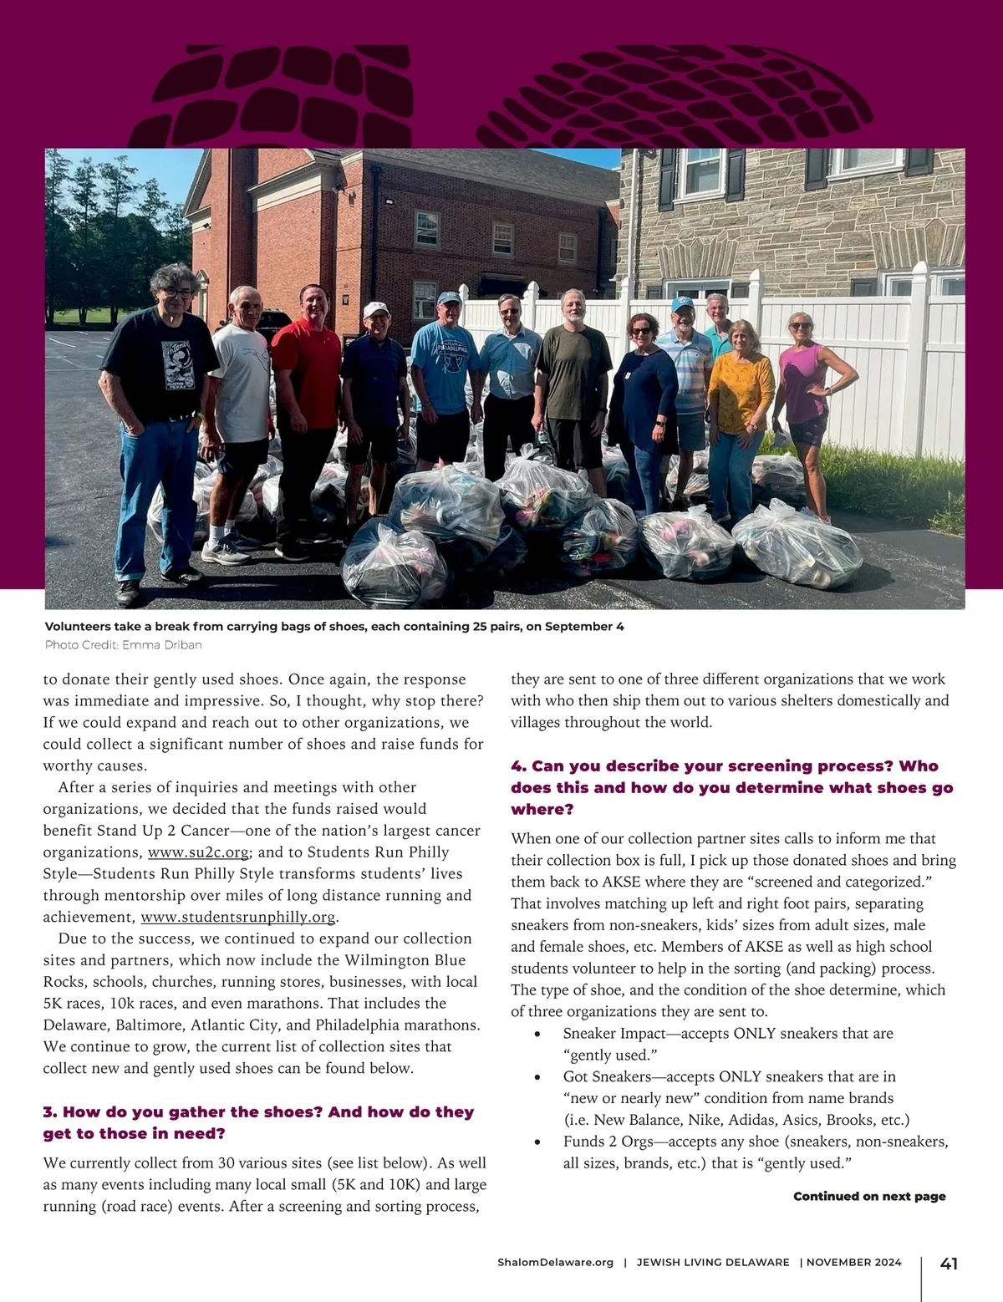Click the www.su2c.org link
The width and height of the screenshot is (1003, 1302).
[198, 852]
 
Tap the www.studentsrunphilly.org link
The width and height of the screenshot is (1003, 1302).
[238, 917]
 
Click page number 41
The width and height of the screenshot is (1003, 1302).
[949, 1264]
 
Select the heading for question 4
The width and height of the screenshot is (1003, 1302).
[731, 787]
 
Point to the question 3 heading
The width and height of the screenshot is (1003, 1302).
[258, 1122]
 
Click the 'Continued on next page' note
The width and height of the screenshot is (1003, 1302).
[869, 1196]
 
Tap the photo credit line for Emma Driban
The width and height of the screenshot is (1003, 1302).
[123, 645]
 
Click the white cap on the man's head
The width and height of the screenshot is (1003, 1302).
[376, 309]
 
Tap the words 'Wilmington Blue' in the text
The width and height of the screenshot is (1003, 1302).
[405, 960]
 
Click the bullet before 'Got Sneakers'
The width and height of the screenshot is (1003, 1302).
[545, 1078]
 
